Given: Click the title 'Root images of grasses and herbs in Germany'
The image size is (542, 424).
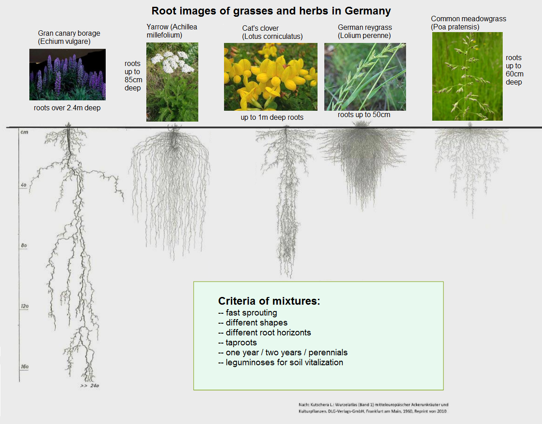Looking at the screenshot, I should pyautogui.click(x=271, y=11).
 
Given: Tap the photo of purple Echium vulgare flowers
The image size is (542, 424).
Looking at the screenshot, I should pyautogui.click(x=67, y=75).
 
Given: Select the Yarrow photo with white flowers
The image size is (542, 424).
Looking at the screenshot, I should pyautogui.click(x=172, y=82).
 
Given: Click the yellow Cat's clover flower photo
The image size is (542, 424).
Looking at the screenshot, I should pyautogui.click(x=271, y=77).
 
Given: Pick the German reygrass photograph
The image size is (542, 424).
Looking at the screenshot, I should pyautogui.click(x=365, y=77).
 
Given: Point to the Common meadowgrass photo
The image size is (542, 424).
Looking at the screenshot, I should pyautogui.click(x=467, y=76).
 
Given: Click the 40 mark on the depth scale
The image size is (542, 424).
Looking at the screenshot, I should pyautogui.click(x=24, y=185).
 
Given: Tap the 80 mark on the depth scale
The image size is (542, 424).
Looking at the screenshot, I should pyautogui.click(x=24, y=245).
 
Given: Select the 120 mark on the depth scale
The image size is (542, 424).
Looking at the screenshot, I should pyautogui.click(x=24, y=306).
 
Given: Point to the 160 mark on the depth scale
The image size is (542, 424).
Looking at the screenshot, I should pyautogui.click(x=24, y=367).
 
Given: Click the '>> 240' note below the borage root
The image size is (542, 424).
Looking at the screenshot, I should pyautogui.click(x=89, y=386).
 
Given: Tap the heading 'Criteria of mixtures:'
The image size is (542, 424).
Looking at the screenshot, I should pyautogui.click(x=269, y=301).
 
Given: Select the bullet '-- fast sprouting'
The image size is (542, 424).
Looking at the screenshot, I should pyautogui.click(x=248, y=313).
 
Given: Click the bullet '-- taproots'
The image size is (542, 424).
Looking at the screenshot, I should pyautogui.click(x=237, y=343).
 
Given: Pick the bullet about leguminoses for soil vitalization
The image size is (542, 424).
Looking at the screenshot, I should pyautogui.click(x=280, y=363).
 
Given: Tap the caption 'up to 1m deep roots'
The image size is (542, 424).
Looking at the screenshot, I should pyautogui.click(x=272, y=118).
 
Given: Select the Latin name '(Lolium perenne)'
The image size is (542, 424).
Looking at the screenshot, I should pyautogui.click(x=364, y=36).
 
